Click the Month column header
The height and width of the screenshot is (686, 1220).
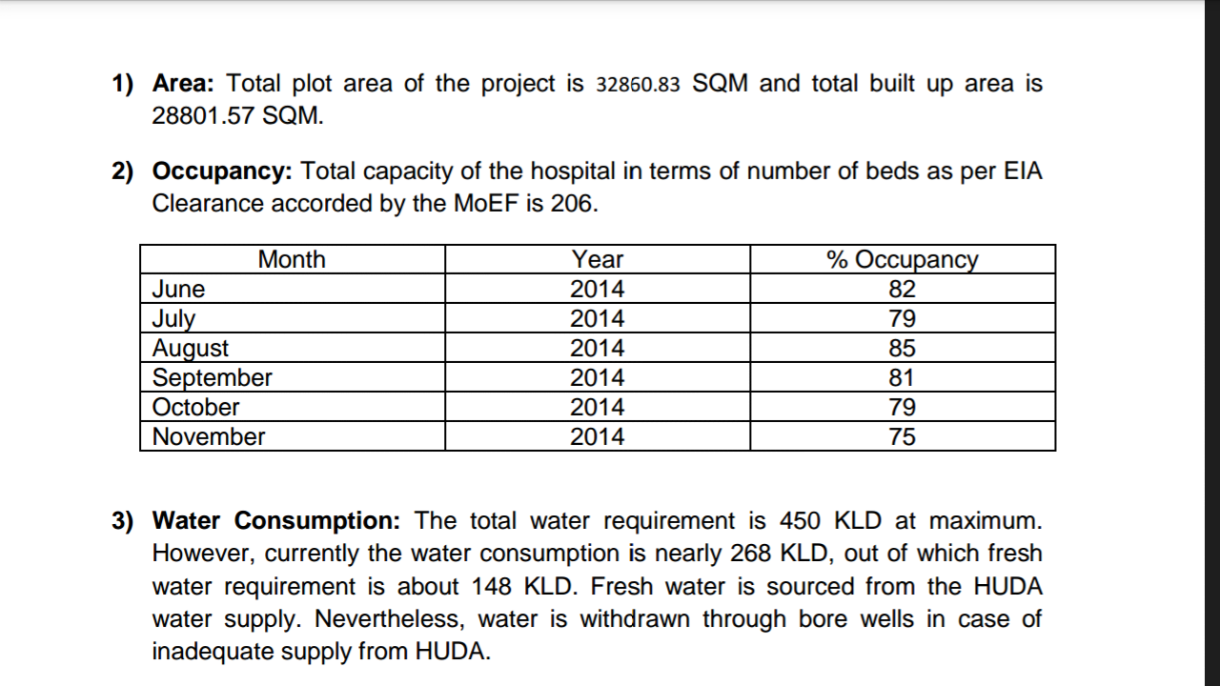click(x=292, y=259)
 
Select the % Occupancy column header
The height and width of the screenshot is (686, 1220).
click(x=902, y=259)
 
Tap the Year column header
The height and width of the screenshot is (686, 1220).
click(x=598, y=259)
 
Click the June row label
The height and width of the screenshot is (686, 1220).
click(x=179, y=289)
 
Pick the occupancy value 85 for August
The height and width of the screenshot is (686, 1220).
click(x=902, y=348)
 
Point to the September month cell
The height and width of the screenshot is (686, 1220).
click(x=213, y=377)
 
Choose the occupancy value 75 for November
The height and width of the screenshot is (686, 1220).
click(x=902, y=436)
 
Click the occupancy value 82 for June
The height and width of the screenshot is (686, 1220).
click(x=902, y=289)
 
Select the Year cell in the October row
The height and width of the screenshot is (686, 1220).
click(x=598, y=407)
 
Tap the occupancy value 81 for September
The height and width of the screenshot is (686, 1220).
click(x=902, y=377)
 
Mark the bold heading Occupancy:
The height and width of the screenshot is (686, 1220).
click(x=222, y=171)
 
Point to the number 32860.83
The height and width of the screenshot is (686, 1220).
click(x=638, y=85)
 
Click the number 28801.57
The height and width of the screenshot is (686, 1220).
click(x=203, y=116)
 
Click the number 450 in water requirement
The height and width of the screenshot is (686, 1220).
click(x=800, y=521)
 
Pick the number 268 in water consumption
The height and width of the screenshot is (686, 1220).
click(x=751, y=554)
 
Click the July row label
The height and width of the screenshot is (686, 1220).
click(x=174, y=318)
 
